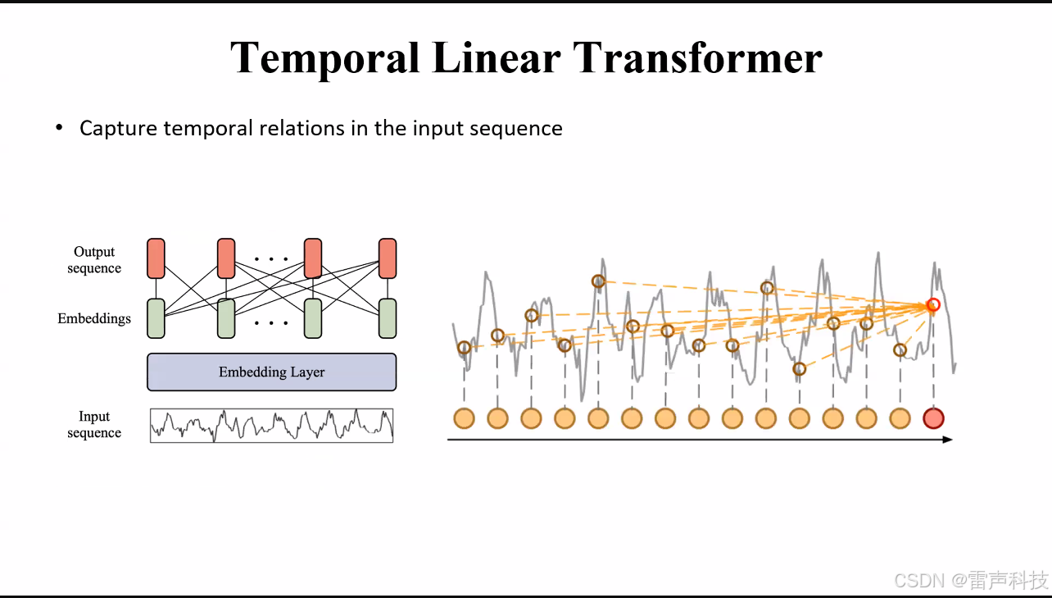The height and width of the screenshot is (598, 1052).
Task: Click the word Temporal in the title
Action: pos(324,58)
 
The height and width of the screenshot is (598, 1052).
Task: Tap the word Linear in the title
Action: pos(496,58)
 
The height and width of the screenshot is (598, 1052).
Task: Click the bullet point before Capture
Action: pos(59,128)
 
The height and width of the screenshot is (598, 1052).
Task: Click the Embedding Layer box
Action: pos(271,372)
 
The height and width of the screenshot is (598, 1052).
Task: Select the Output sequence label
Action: pos(94,260)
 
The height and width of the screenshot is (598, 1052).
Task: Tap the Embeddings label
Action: pos(94,318)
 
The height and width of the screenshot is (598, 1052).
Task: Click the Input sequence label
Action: pos(94,425)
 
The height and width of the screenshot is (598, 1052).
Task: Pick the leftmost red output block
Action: pos(156,258)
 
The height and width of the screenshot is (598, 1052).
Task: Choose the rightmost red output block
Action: pos(388,258)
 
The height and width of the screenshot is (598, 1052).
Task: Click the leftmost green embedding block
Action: pos(156,318)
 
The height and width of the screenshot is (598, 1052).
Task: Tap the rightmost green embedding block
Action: pos(388,318)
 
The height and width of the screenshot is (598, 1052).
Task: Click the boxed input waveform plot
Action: pos(271,426)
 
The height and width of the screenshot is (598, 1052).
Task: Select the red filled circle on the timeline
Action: pos(933,418)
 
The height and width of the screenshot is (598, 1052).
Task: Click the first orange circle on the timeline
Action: pos(465,418)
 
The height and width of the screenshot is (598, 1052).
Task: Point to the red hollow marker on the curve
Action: pos(932,305)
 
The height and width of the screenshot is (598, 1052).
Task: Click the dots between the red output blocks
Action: pos(271,259)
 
